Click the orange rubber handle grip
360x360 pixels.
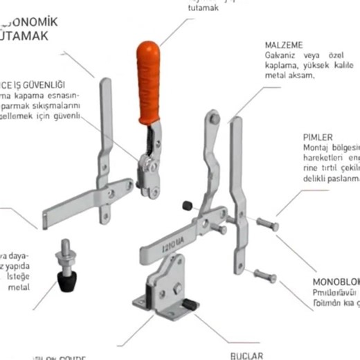pyautogui.click(x=148, y=82)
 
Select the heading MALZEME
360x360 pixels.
pyautogui.click(x=283, y=44)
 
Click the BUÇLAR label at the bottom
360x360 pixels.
pyautogui.click(x=247, y=354)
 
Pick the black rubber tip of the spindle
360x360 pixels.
pyautogui.click(x=66, y=280)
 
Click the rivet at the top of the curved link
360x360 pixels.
pyautogui.click(x=215, y=120)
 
